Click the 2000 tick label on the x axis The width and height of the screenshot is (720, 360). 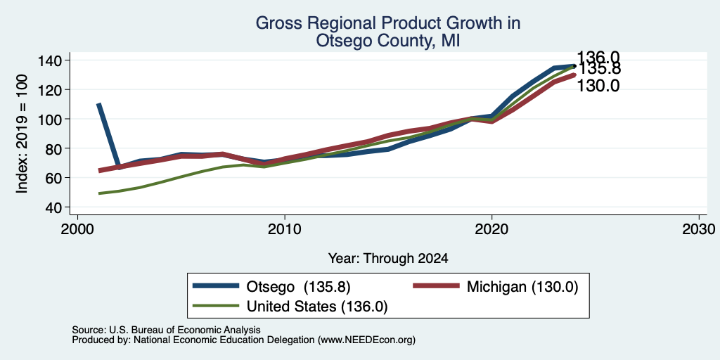77,229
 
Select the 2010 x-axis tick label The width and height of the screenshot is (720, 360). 285,229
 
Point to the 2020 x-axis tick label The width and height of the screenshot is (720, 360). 491,229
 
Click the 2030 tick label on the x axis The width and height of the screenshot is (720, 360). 699,229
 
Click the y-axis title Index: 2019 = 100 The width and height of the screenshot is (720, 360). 22,134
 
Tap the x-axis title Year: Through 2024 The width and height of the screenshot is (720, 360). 388,259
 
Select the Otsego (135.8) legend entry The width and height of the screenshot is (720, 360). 271,287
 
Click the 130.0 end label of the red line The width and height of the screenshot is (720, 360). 598,85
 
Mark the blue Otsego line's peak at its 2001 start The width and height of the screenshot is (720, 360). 98,104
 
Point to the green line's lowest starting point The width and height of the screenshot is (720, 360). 99,193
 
